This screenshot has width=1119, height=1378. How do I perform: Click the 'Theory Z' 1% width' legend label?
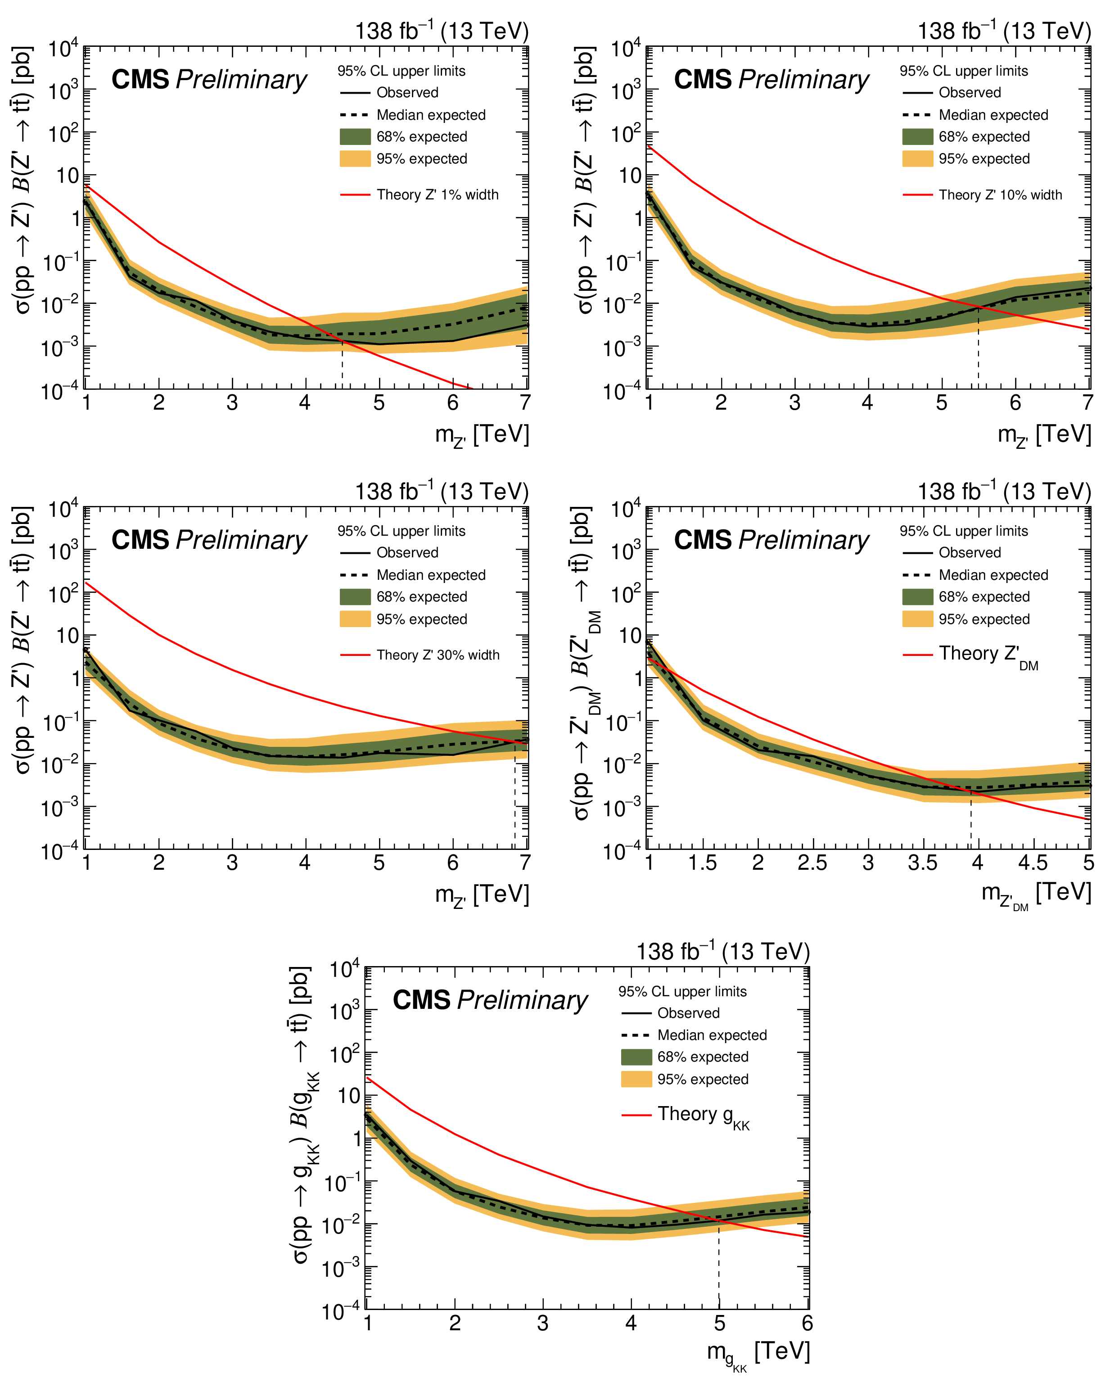(x=437, y=194)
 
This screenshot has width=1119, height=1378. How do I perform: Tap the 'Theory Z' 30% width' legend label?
(x=438, y=655)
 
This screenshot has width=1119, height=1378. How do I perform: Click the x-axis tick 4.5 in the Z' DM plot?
(x=1032, y=863)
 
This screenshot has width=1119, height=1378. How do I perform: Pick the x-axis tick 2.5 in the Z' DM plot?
(x=812, y=863)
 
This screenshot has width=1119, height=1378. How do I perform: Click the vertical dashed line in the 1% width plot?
(x=342, y=364)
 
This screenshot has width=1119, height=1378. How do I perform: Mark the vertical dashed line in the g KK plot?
(x=719, y=1266)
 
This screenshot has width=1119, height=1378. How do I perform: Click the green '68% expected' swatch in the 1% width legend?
(x=355, y=137)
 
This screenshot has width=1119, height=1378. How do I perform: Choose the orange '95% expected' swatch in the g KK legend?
(x=636, y=1080)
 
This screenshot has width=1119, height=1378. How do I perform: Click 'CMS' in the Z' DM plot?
(x=703, y=540)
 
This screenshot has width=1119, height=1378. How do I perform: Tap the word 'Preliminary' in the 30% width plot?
(x=242, y=540)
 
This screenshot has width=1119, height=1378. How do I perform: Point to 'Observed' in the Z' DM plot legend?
(x=970, y=552)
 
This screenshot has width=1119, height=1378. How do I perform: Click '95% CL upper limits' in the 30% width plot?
(x=402, y=531)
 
